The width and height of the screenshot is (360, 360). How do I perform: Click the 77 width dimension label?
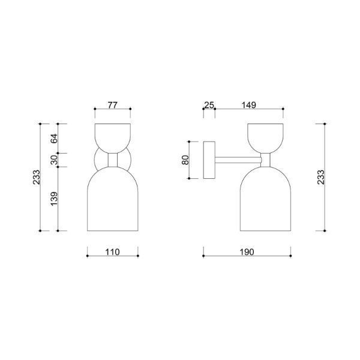[x=113, y=105]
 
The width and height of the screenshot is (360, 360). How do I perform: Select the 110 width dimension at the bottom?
[x=113, y=252]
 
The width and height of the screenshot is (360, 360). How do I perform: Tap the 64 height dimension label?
[x=54, y=139]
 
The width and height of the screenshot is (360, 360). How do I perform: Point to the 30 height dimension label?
[x=54, y=160]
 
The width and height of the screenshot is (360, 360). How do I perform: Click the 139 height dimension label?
[x=54, y=199]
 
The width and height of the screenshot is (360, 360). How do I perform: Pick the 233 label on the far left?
[x=36, y=177]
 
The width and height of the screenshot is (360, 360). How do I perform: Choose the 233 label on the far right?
[x=321, y=177]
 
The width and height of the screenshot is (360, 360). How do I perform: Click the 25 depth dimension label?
[x=209, y=105]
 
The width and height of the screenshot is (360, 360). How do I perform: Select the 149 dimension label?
[x=248, y=105]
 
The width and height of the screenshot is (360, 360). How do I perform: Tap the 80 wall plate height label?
[x=185, y=160]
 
